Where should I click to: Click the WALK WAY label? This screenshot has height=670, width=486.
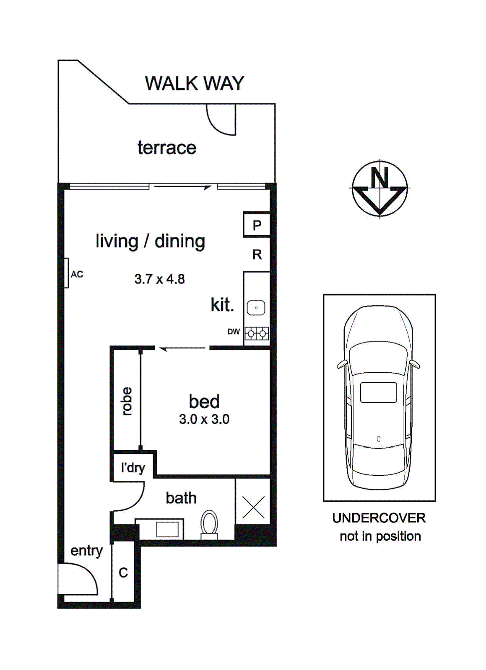point(195,83)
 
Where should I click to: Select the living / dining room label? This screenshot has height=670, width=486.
point(150,241)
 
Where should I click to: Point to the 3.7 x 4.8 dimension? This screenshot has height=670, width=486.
point(160,279)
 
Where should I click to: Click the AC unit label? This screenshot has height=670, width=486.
point(77,274)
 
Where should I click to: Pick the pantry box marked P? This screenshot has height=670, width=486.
point(257,224)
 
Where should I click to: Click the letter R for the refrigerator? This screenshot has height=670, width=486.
point(257,255)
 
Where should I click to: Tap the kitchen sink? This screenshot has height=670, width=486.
point(256,308)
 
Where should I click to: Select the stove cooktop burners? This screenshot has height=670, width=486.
point(257,333)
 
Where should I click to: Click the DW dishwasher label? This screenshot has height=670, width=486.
point(234,331)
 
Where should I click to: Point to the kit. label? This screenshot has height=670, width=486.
point(222,305)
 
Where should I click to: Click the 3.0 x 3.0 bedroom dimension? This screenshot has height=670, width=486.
point(204,419)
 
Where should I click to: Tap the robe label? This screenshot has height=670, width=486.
point(126,401)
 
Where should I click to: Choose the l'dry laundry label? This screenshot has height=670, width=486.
point(133,468)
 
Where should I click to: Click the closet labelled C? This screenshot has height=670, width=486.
point(123,573)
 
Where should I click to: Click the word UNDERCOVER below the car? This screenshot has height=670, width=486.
point(379,518)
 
